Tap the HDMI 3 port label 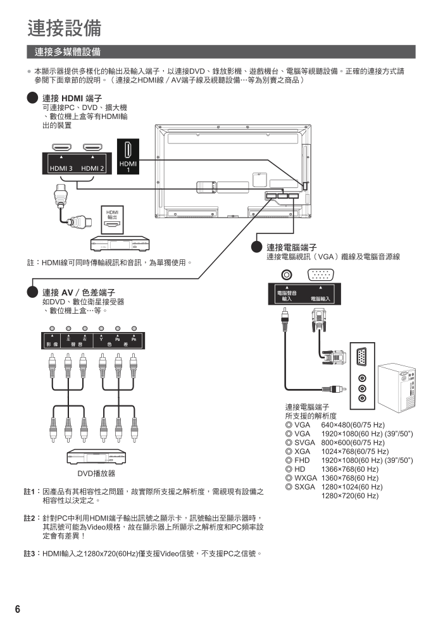coord(61,168)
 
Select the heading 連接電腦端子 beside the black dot coord(291,247)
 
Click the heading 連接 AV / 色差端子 coord(78,292)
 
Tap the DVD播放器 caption coord(96,473)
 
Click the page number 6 coord(18,609)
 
